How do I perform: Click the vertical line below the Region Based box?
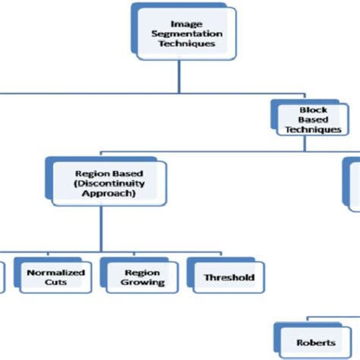pyautogui.click(x=103, y=228)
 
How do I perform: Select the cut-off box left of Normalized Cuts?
pyautogui.click(x=2, y=276)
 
